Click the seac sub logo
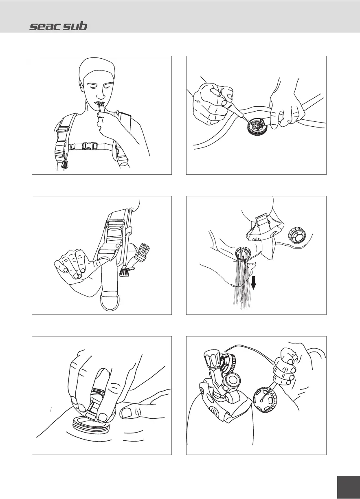click(58, 26)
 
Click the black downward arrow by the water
click(253, 282)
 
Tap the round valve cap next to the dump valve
click(297, 236)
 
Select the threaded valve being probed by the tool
click(256, 126)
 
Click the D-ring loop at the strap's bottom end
click(110, 303)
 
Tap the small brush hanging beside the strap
click(125, 272)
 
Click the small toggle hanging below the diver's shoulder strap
click(65, 165)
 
